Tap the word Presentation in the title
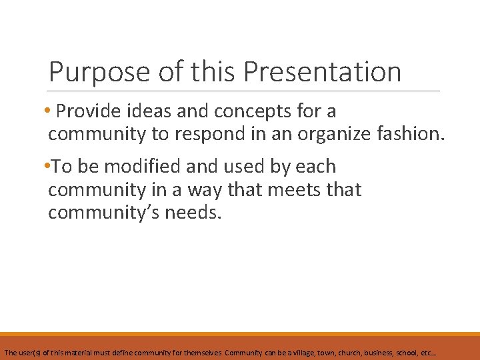323,72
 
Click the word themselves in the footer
203,351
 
